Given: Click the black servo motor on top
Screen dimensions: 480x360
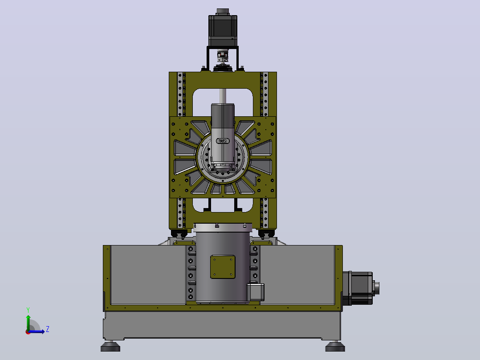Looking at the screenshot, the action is (223, 28).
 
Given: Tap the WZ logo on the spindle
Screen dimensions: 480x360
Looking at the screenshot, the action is (223, 141).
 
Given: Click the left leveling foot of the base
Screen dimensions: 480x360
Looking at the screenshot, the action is (110, 346).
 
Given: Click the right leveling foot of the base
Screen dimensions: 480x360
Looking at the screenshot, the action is (335, 346).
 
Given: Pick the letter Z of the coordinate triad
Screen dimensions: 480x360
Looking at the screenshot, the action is (48, 329).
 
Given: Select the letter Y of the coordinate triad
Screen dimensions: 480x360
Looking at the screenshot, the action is (28, 310).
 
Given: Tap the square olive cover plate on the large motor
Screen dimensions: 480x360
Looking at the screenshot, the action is (223, 267).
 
